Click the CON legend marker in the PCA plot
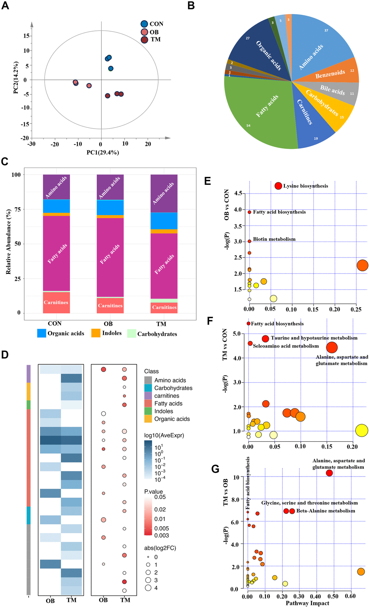point(144,24)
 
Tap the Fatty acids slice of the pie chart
point(261,113)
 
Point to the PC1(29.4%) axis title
point(103,153)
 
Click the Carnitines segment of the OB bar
point(110,305)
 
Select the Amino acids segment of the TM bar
point(164,193)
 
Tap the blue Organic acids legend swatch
point(42,333)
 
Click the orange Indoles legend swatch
point(96,333)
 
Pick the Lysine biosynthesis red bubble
point(278,186)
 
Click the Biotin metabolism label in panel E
point(274,239)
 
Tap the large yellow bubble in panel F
point(362,430)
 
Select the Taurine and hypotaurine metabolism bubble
point(266,339)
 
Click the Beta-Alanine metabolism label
point(326,511)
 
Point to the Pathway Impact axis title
point(307,603)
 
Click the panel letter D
point(5,354)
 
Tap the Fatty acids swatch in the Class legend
point(148,404)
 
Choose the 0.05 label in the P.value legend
point(160,497)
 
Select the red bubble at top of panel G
point(329,473)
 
